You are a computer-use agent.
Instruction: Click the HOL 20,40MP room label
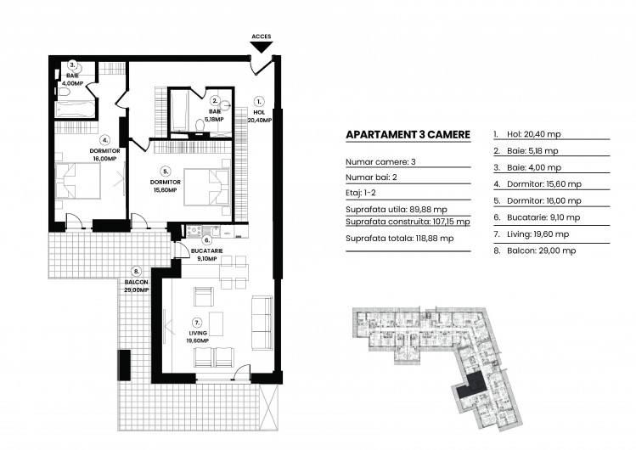tap(260, 116)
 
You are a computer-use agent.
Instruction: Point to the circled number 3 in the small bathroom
tap(73, 65)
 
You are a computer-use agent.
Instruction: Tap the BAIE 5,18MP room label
tap(216, 115)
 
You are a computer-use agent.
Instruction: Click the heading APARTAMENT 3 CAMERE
tap(408, 135)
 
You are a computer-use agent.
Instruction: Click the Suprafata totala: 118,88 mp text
tap(400, 239)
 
